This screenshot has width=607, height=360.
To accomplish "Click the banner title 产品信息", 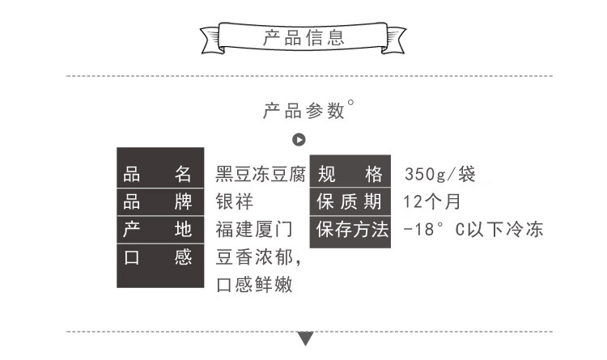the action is (x=303, y=37).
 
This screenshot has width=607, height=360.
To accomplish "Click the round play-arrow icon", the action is (x=299, y=140).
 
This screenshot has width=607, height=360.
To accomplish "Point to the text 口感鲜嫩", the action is (x=253, y=286).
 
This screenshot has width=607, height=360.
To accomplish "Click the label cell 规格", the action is (x=349, y=174).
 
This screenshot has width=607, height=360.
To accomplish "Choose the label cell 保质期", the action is (x=349, y=201).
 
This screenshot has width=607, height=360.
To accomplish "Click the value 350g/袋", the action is (x=440, y=174).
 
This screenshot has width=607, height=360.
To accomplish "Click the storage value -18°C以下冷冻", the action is (x=473, y=230).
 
